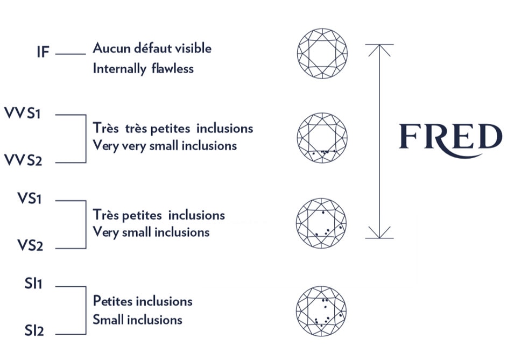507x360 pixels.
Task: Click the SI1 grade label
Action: [x=33, y=284]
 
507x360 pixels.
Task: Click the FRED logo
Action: [x=450, y=137]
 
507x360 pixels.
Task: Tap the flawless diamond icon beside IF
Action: [x=322, y=52]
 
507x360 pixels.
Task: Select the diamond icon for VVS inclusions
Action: [x=322, y=137]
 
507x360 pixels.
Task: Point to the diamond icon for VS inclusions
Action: [x=322, y=222]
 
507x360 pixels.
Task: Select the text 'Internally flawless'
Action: [x=143, y=69]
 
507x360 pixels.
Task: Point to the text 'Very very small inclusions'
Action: [x=165, y=145]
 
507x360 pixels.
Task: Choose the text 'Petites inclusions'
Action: [x=143, y=300]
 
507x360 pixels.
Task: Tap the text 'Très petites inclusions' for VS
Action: [x=159, y=215]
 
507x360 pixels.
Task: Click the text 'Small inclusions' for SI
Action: [x=137, y=320]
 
